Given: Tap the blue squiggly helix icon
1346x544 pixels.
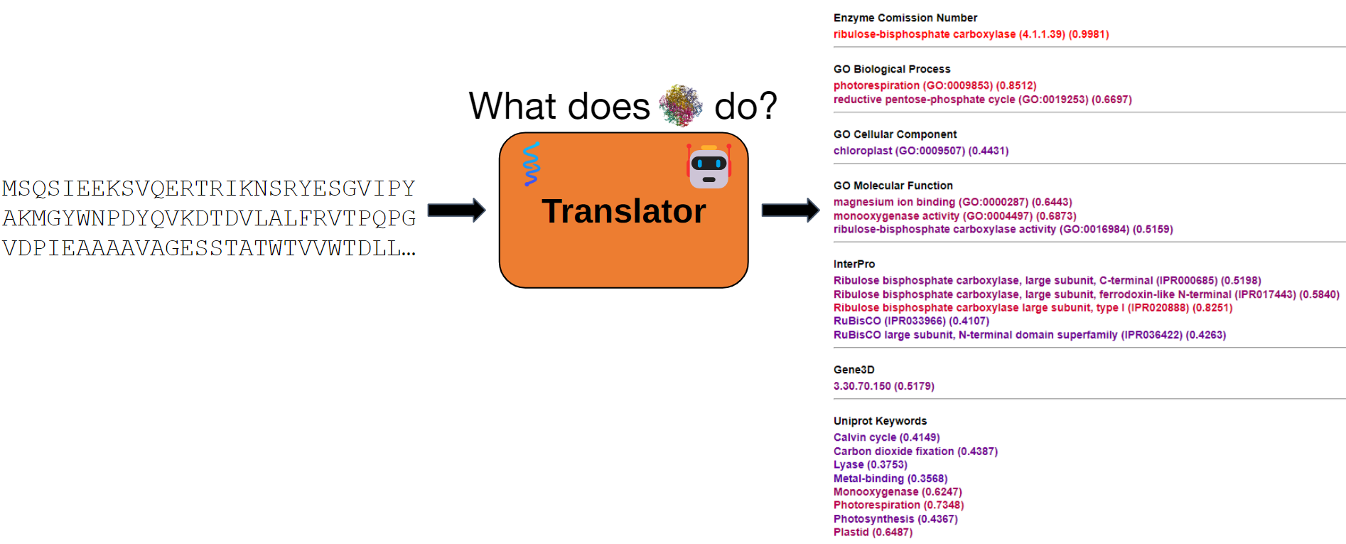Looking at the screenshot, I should [531, 164].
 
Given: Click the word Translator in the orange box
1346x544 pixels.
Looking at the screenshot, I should [623, 211].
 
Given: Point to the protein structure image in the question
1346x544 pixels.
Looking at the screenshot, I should [681, 105].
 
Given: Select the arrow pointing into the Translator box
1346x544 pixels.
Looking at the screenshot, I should [456, 210].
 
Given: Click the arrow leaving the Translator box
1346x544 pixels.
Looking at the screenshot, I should [790, 210].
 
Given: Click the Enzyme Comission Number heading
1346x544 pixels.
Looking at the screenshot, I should [905, 18].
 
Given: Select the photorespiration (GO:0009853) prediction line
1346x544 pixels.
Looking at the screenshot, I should [935, 85].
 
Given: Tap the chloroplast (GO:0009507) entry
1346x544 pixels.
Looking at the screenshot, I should [920, 151].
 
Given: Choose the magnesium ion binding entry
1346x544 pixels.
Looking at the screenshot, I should [952, 202].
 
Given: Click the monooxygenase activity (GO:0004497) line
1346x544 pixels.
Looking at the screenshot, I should [954, 215].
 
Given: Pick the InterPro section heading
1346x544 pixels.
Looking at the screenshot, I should [854, 264].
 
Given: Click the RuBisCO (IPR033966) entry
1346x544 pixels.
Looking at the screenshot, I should [911, 321].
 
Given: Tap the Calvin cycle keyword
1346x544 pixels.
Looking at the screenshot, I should [886, 437].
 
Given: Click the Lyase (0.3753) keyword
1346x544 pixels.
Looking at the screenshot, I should [870, 464].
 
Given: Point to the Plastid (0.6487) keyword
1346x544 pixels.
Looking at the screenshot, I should [873, 532].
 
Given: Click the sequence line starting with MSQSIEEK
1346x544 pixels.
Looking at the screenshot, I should [208, 188].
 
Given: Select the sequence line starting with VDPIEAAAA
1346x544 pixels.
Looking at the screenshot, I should [208, 248].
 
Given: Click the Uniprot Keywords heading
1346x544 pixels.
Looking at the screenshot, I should [880, 421].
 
